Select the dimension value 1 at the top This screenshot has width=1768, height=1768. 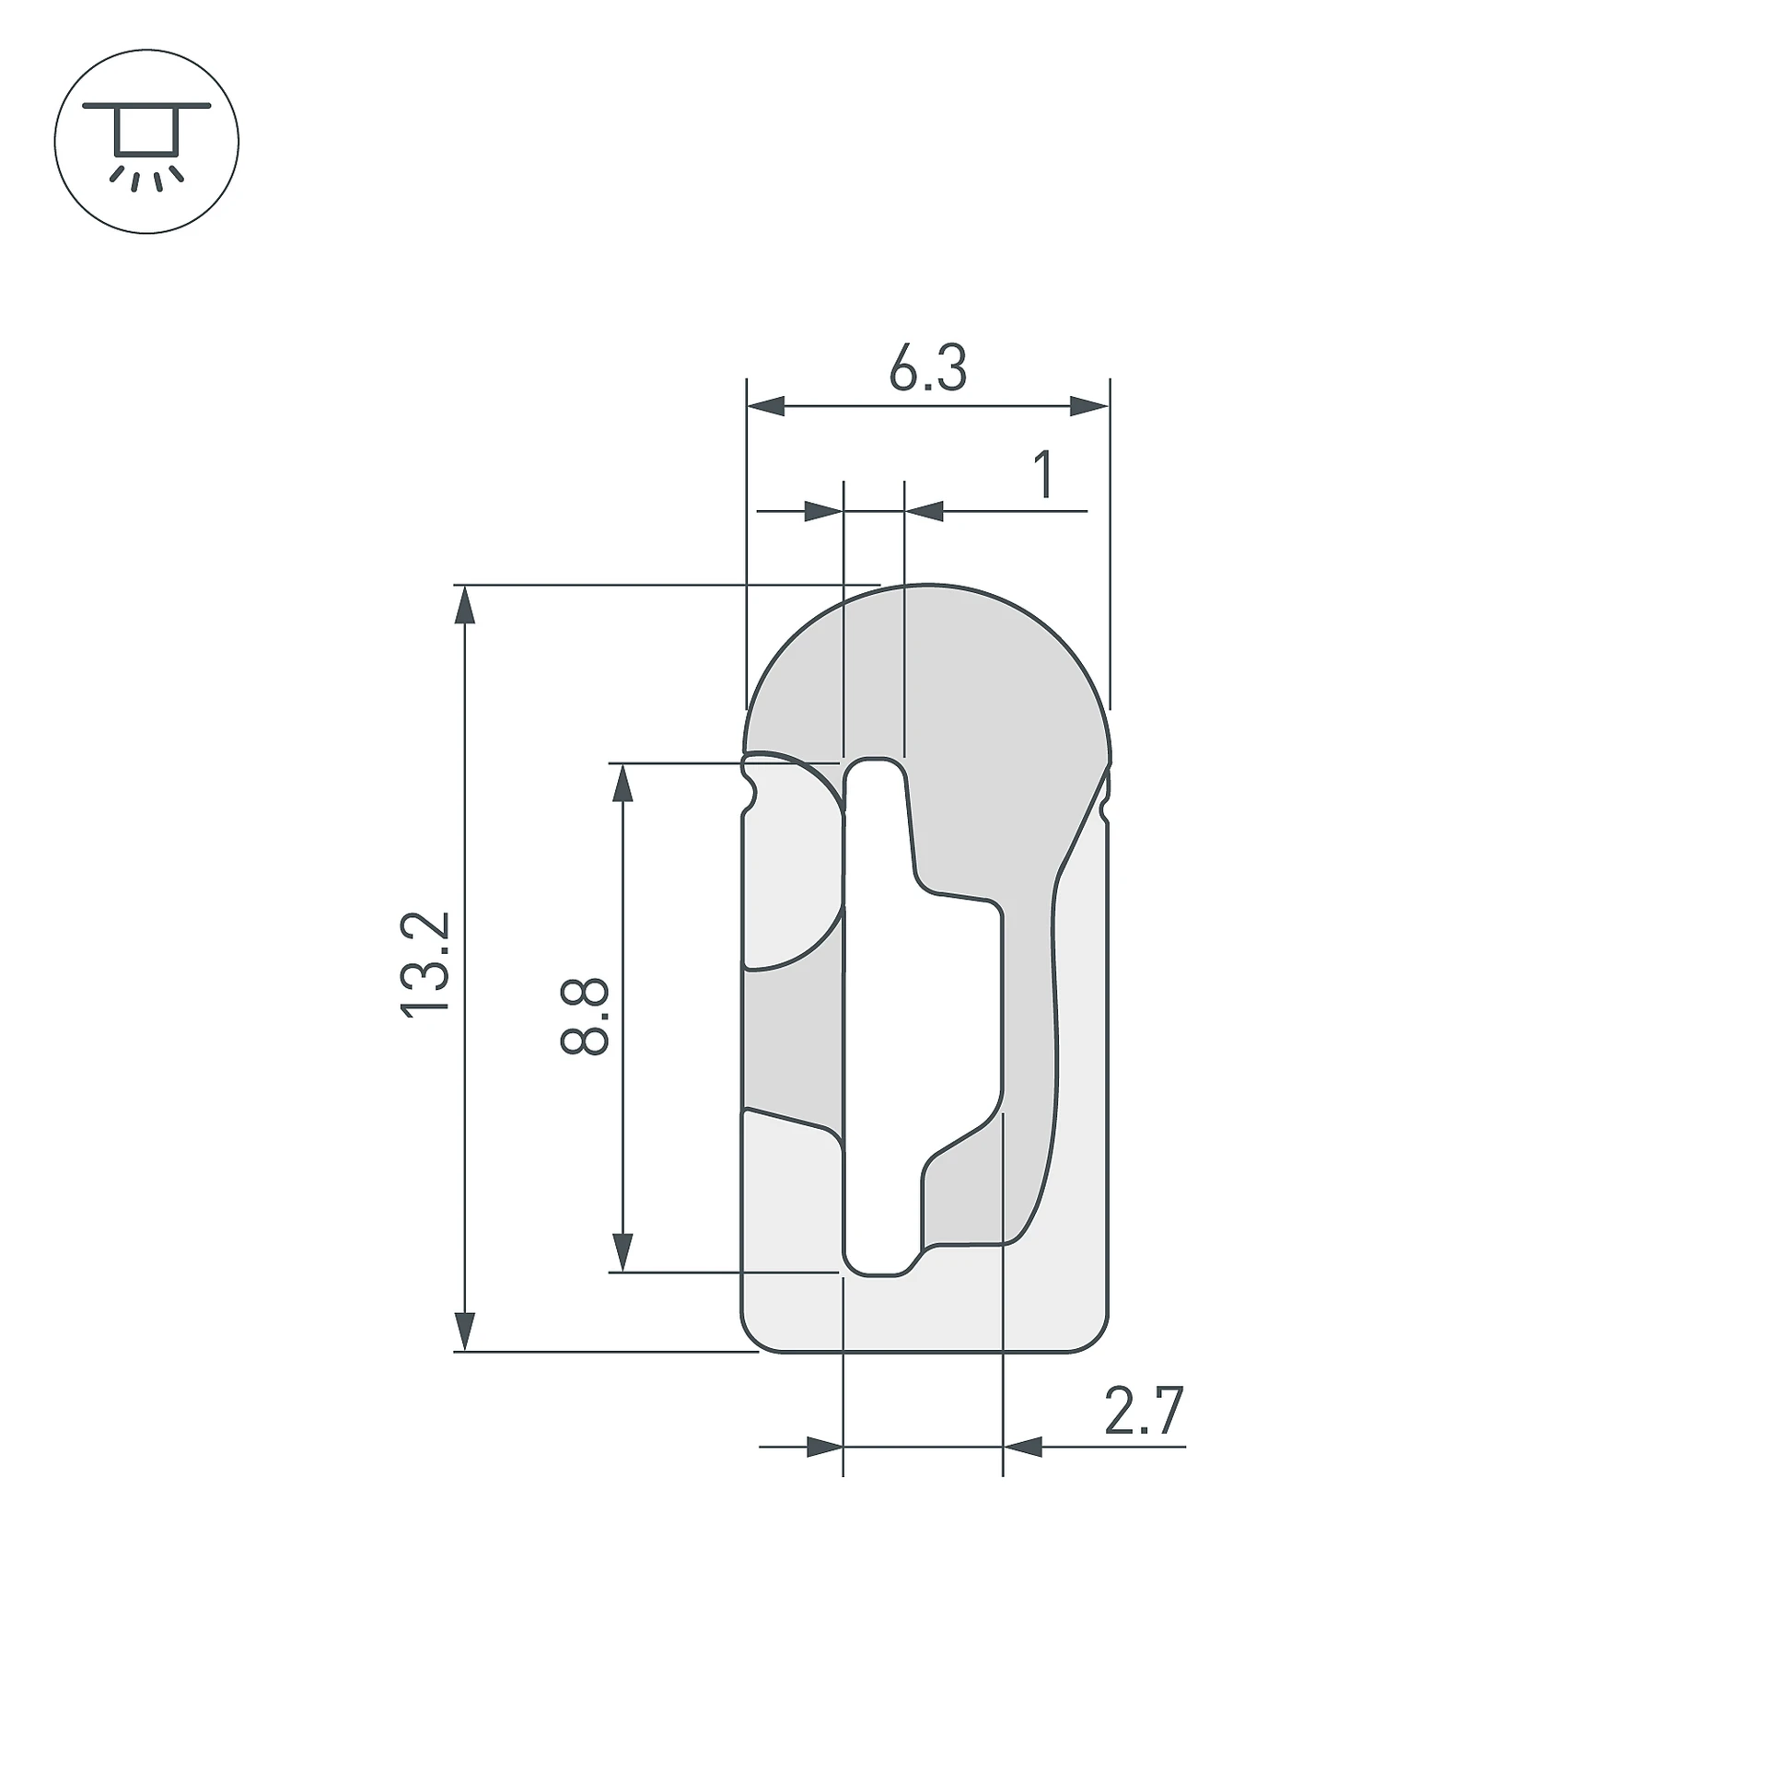[1043, 474]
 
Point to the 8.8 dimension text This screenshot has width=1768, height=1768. [584, 1017]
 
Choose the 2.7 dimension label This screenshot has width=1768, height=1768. [1143, 1412]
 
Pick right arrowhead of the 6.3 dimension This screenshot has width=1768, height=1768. [1089, 406]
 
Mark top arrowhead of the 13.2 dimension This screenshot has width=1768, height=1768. [466, 604]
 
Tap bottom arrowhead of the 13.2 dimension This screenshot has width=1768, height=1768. [466, 1332]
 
